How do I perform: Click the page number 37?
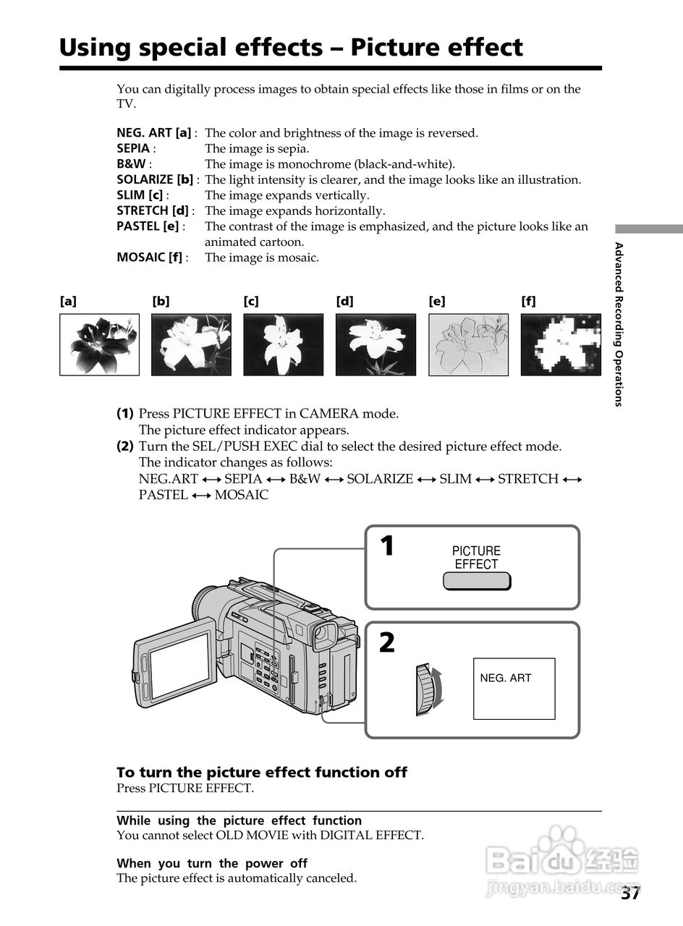point(629,893)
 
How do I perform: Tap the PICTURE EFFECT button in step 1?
point(476,581)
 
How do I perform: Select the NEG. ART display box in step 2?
point(514,688)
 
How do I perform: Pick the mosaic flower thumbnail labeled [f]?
point(561,344)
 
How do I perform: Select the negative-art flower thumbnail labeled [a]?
point(99,344)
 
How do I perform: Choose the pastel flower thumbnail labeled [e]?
point(468,344)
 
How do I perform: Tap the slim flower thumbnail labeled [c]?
point(283,344)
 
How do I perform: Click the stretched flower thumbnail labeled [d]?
point(376,344)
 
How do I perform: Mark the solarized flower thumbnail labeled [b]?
point(191,344)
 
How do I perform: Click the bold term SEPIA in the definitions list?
point(133,148)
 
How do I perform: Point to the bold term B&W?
point(131,164)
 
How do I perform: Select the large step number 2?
point(387,642)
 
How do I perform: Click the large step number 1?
point(388,545)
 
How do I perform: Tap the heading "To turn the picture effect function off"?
point(262,772)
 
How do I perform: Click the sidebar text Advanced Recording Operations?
point(619,324)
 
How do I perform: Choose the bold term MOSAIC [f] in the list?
point(150,258)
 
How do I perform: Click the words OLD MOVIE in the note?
point(248,835)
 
